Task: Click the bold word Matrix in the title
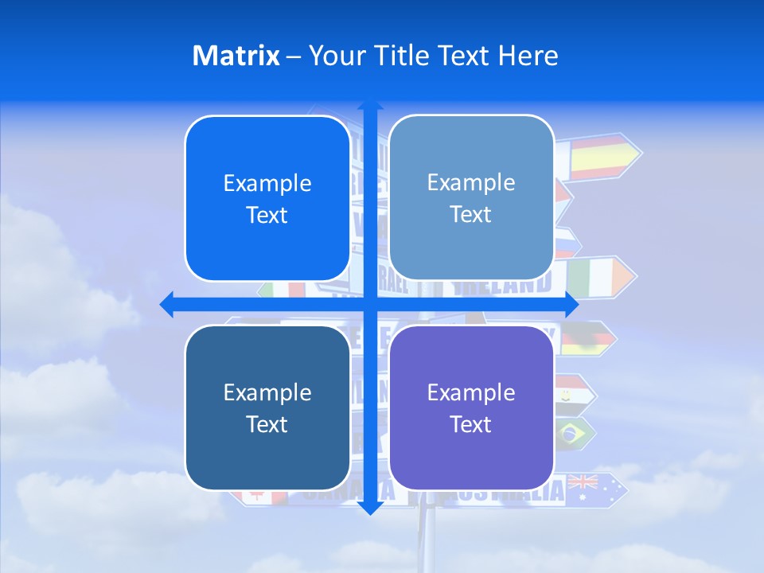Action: click(x=236, y=56)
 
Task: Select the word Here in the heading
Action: click(x=528, y=56)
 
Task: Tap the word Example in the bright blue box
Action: click(x=267, y=184)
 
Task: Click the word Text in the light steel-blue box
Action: click(x=470, y=214)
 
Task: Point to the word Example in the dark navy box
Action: click(x=267, y=392)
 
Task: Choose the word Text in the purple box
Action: click(x=470, y=424)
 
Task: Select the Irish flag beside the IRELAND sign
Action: click(x=589, y=275)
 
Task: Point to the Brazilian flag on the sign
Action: click(x=570, y=433)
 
